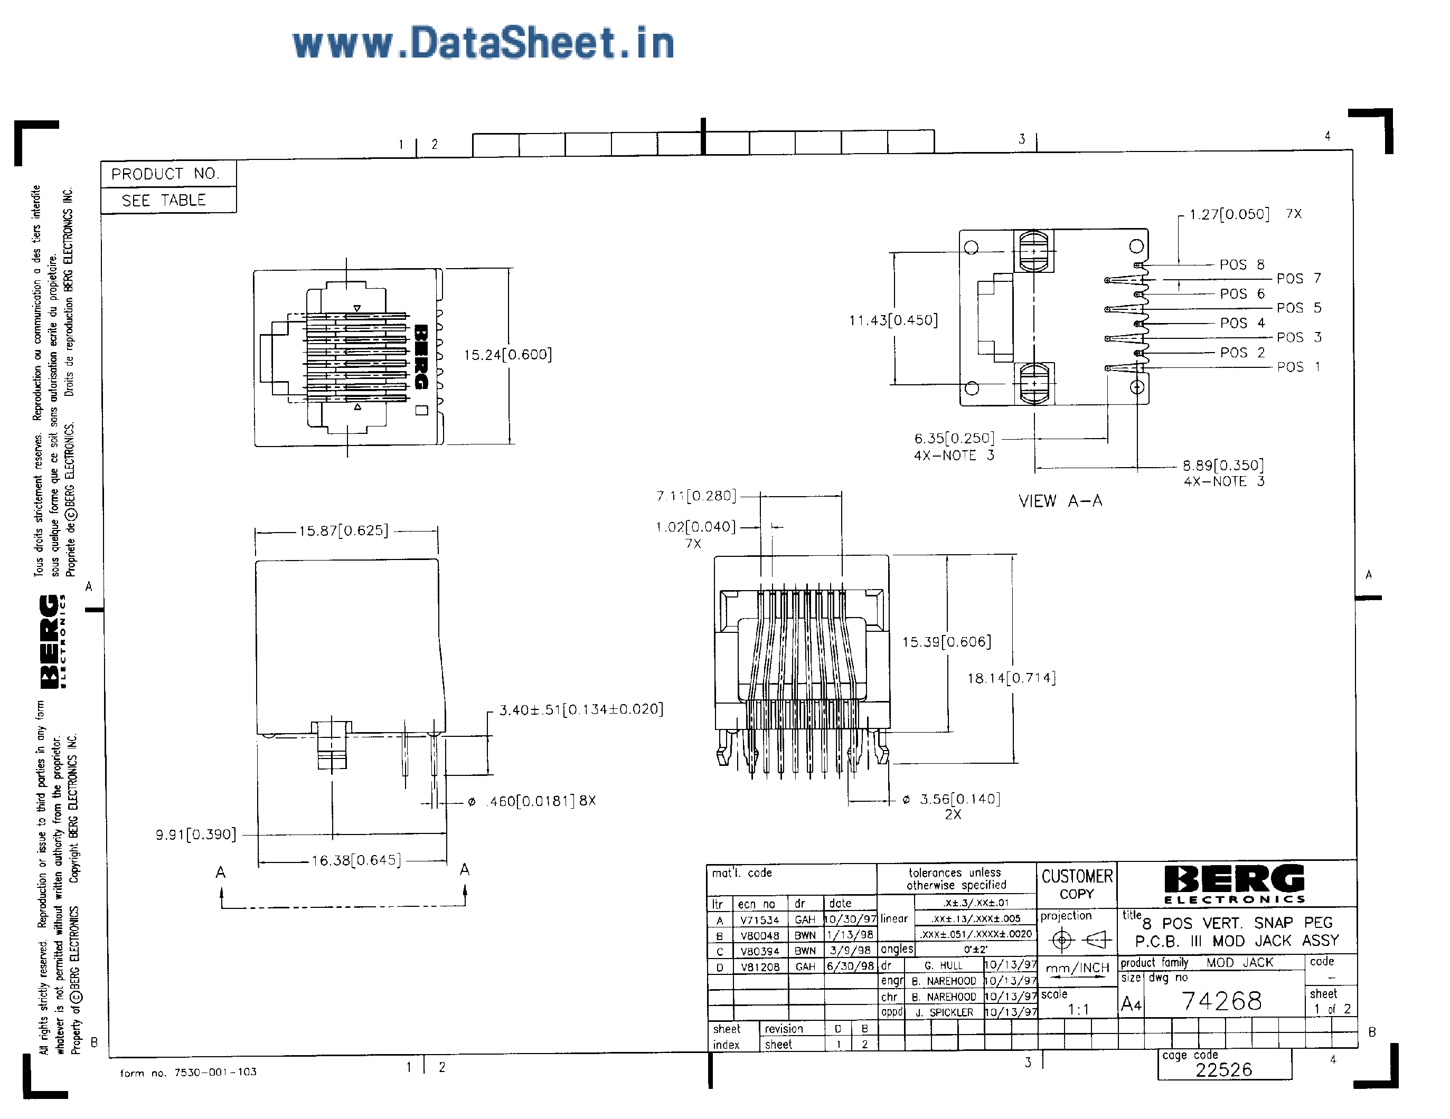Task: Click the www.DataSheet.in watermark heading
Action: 483,43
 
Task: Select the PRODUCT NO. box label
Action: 165,174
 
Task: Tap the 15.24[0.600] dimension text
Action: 508,355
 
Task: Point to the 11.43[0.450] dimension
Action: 893,320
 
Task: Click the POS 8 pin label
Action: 1241,265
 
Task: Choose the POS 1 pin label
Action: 1298,367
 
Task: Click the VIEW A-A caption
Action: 1060,501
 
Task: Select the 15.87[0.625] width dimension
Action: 343,531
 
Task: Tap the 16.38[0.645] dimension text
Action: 356,861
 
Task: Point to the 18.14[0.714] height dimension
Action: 1011,678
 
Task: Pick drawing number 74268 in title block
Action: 1221,1001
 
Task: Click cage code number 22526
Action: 1223,1070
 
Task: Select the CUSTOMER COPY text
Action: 1077,885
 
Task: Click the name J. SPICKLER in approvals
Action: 944,1013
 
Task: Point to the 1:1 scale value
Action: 1078,1010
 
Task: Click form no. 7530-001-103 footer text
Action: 188,1072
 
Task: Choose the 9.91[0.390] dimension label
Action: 196,835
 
